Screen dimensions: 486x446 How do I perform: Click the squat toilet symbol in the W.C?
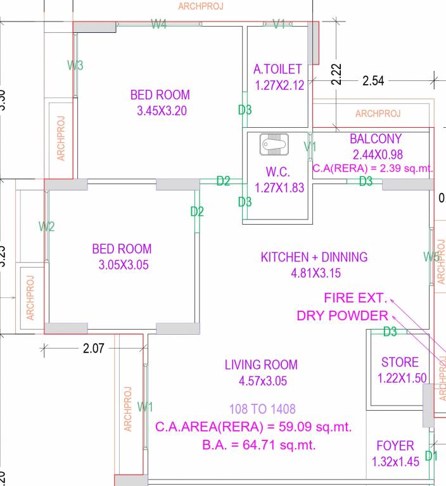pos(274,146)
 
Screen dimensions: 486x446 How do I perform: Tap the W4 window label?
pos(158,25)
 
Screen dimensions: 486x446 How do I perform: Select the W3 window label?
pos(75,65)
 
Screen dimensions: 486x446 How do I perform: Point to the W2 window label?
pos(47,227)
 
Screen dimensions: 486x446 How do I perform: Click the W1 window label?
pos(145,406)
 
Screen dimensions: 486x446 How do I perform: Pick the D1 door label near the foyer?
pos(431,456)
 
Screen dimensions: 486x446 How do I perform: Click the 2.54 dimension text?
pos(373,81)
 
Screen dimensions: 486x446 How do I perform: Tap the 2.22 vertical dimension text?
pos(337,75)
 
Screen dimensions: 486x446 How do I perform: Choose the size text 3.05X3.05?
pos(123,265)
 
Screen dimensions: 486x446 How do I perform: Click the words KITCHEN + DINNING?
pos(314,257)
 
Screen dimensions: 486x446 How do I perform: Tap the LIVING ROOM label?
pos(261,364)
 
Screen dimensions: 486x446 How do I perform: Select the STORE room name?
pos(400,363)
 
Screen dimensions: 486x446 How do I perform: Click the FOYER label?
pos(395,446)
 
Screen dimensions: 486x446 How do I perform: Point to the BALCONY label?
pos(376,139)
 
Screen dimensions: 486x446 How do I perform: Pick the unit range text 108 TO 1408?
pos(262,409)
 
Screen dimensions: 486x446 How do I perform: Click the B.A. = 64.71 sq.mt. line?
pos(259,445)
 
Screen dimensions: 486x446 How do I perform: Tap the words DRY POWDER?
pos(342,316)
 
